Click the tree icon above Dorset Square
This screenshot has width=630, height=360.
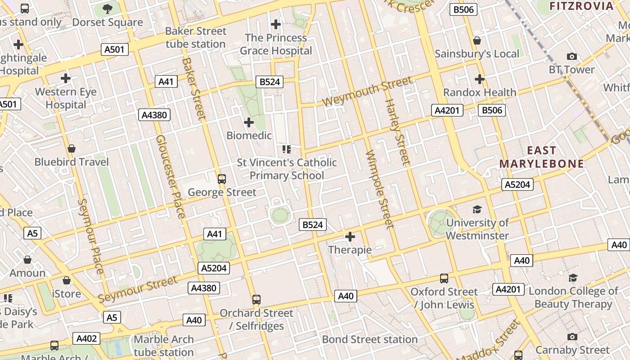108,9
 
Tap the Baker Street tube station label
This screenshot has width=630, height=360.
195,38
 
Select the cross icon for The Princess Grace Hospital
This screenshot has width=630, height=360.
276,24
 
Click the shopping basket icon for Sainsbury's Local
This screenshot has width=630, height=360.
477,41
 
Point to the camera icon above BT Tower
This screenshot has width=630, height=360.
571,56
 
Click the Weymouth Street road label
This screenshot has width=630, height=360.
367,92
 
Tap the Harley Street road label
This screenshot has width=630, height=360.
397,131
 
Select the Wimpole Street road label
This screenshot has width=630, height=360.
379,189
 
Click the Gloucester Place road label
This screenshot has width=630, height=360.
170,176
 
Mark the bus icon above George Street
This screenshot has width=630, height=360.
221,179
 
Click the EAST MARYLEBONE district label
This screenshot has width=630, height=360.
541,157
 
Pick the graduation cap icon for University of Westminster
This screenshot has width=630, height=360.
477,209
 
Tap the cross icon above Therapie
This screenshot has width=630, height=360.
350,236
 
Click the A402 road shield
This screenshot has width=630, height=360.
87,338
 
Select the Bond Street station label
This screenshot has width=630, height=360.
369,339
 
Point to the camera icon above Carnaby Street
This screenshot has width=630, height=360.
572,337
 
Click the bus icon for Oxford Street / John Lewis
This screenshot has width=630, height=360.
444,279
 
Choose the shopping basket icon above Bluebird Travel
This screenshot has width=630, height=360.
71,148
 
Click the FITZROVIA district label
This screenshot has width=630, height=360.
581,6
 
